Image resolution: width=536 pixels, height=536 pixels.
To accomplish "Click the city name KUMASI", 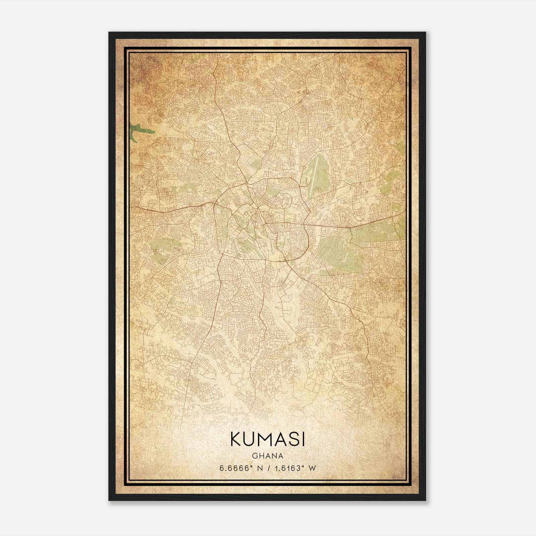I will [267, 439].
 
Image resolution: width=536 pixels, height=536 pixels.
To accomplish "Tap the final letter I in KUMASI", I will [303, 439].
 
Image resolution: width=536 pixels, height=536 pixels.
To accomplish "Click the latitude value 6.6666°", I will [235, 468].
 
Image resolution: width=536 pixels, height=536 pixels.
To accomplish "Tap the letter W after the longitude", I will [312, 468].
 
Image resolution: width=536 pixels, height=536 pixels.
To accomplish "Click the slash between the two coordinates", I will [268, 468].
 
